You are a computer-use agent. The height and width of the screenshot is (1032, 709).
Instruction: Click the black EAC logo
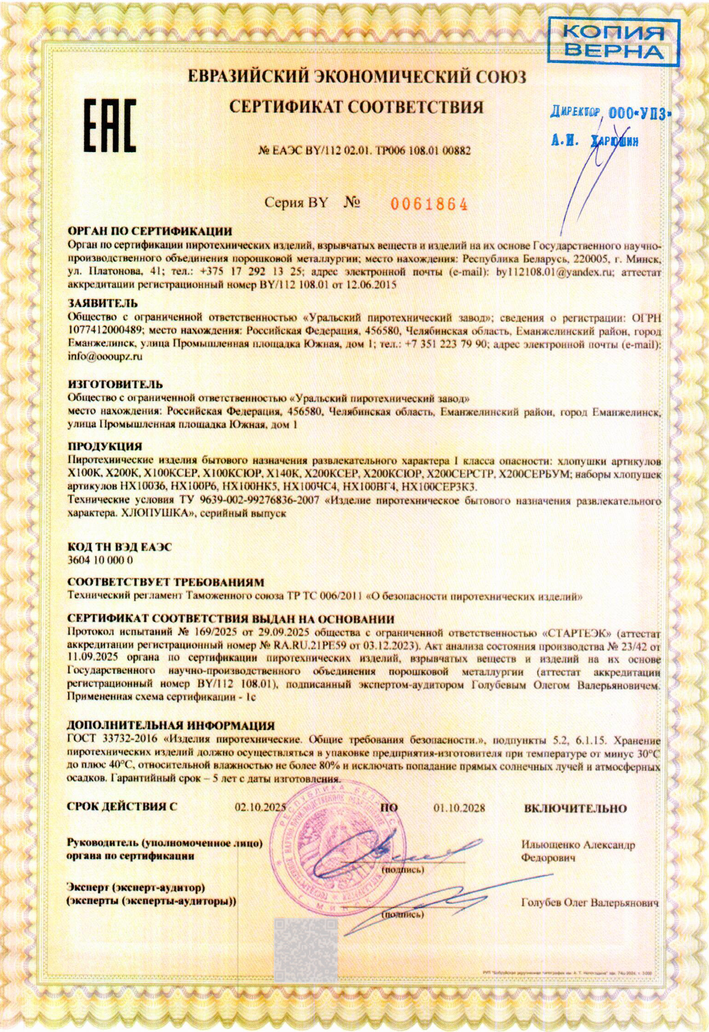[x=109, y=125]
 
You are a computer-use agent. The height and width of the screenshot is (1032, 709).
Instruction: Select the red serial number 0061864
[x=429, y=205]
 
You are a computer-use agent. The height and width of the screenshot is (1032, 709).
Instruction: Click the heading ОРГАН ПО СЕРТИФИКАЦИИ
[x=150, y=231]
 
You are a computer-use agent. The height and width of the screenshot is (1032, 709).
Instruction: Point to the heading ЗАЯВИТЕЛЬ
[x=103, y=303]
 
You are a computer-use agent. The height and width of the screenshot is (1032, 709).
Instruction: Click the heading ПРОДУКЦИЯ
[x=105, y=446]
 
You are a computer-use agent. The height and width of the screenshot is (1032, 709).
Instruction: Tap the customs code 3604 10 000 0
[x=100, y=560]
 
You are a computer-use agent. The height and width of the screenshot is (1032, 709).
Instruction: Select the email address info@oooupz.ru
[x=105, y=357]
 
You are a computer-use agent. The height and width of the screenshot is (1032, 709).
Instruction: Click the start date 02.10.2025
[x=260, y=808]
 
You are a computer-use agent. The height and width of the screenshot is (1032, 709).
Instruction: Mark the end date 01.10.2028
[x=459, y=808]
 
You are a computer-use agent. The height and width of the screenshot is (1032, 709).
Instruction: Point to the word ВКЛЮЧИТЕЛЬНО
[x=575, y=809]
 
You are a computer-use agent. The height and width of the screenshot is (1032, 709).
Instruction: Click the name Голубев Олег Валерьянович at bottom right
[x=589, y=903]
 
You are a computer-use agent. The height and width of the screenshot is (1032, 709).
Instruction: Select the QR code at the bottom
[x=305, y=950]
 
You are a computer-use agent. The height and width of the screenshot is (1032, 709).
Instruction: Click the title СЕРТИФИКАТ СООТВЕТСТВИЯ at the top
[x=356, y=107]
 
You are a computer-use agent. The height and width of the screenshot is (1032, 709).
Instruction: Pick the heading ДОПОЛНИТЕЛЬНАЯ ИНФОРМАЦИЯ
[x=171, y=726]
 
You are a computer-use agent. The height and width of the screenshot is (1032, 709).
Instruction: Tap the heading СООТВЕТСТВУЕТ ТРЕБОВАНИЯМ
[x=166, y=582]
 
